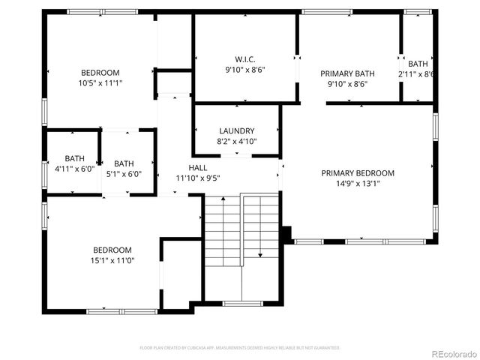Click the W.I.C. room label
[246, 58]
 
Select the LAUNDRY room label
[236, 130]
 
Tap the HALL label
[198, 167]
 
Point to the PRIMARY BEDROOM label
[358, 173]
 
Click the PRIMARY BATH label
[347, 73]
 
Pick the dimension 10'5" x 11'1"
[101, 83]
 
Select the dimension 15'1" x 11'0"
[112, 261]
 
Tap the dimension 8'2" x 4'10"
[236, 141]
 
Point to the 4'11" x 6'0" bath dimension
[74, 169]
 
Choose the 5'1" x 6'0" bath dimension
[124, 174]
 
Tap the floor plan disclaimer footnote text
[240, 348]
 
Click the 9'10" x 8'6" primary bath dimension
[347, 84]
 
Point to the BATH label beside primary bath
[418, 64]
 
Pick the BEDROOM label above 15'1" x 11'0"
[112, 250]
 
